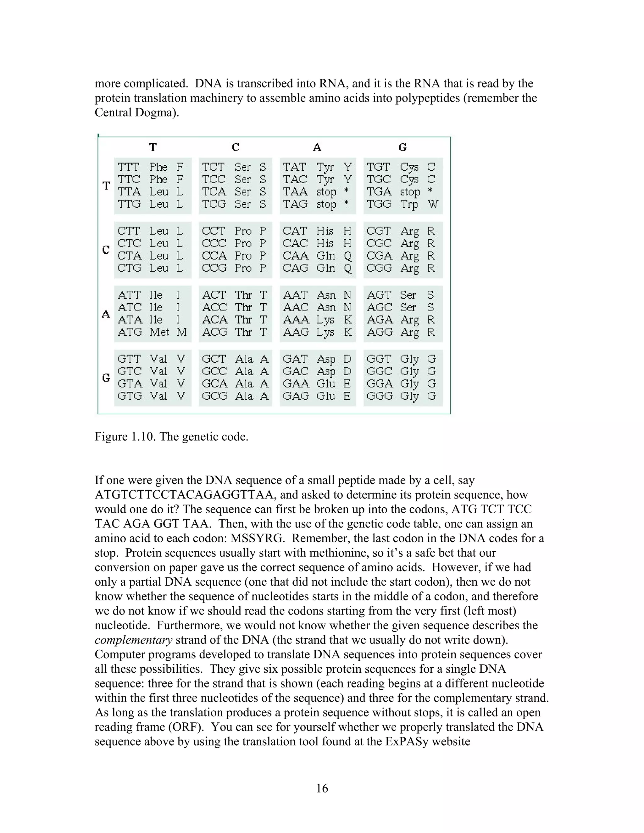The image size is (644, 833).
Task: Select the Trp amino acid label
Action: (x=409, y=204)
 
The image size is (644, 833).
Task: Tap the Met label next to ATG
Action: (x=159, y=332)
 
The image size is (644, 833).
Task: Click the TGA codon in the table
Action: (x=379, y=192)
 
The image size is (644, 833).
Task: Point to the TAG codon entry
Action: (x=295, y=204)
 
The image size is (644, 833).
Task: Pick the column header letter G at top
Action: (x=402, y=147)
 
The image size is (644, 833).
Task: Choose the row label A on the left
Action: (x=106, y=314)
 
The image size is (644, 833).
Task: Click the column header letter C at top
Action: (x=236, y=147)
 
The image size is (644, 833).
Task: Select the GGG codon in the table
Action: (x=379, y=396)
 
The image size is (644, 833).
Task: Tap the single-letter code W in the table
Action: (x=433, y=204)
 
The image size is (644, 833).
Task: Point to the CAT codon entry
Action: (x=295, y=231)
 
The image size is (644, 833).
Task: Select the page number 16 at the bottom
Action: (x=322, y=788)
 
